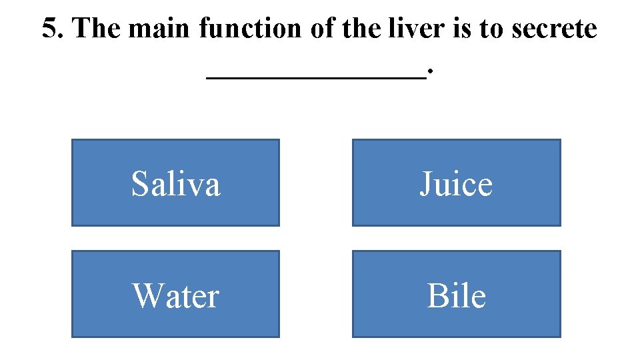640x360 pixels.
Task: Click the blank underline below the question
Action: (316, 77)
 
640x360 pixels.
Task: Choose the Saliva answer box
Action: (175, 183)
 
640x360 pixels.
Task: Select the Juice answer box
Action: (456, 183)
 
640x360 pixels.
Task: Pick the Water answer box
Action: (175, 294)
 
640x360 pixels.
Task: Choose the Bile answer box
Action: (456, 294)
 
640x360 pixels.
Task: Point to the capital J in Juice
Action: (426, 184)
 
